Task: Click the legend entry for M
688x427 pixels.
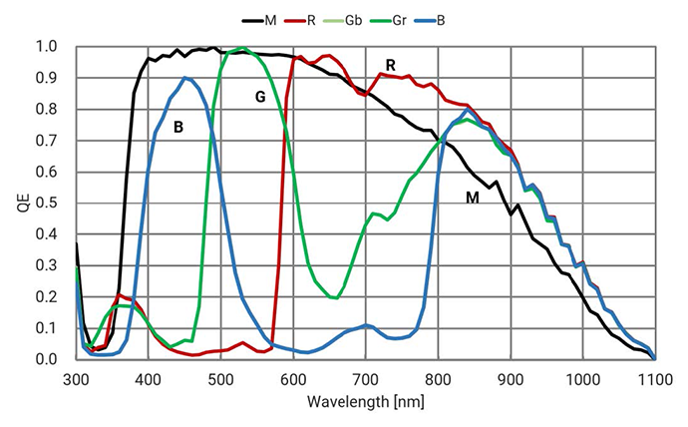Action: point(259,21)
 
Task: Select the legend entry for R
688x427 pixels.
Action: point(300,21)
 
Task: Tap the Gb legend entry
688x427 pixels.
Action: point(343,21)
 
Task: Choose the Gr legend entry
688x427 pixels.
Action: point(388,21)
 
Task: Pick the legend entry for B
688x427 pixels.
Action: point(429,21)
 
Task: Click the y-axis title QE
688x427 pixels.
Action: point(24,203)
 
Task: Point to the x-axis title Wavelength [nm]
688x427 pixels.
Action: point(366,402)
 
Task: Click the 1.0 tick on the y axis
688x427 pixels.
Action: point(47,46)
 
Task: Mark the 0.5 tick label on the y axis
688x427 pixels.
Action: point(47,203)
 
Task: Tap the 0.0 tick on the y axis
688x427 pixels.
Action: point(47,359)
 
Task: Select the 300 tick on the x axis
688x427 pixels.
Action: point(77,379)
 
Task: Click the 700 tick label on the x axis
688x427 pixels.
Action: point(366,379)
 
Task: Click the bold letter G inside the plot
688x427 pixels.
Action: point(260,97)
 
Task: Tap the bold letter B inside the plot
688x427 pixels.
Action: point(178,128)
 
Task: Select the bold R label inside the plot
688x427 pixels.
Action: point(390,66)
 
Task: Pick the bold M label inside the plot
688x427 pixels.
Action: point(472,198)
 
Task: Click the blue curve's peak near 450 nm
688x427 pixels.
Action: point(185,78)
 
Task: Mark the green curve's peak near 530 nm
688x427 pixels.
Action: point(242,48)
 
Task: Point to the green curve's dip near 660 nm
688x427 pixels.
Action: point(336,298)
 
